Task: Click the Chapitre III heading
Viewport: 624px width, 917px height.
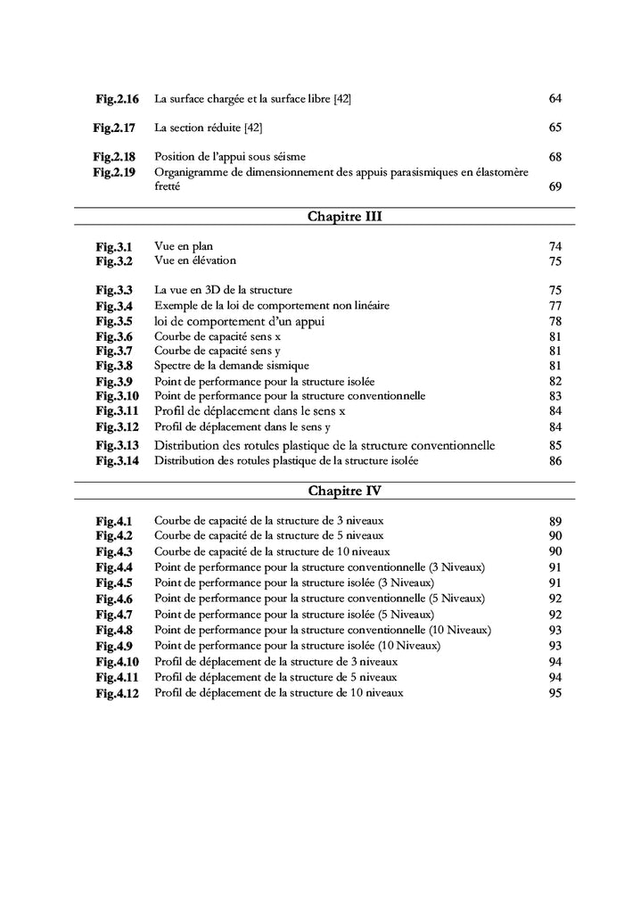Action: click(345, 216)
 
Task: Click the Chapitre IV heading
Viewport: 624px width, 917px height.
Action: click(345, 491)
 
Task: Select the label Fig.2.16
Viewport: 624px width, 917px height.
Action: click(117, 98)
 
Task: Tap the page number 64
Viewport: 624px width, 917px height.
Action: click(555, 98)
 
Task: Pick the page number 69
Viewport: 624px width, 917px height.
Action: click(555, 186)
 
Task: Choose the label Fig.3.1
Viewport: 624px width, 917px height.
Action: click(115, 246)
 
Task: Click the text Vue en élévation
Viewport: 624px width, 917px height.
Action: click(195, 260)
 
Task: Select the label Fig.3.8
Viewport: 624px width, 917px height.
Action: click(115, 366)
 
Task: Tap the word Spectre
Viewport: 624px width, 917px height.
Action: click(174, 366)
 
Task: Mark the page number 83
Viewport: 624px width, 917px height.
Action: click(555, 396)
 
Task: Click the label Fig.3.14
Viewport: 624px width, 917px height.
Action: click(118, 461)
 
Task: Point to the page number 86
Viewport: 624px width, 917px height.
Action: click(555, 461)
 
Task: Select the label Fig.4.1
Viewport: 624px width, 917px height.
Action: click(115, 521)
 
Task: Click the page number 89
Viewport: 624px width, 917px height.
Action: click(555, 521)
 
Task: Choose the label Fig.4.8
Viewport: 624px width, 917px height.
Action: click(115, 630)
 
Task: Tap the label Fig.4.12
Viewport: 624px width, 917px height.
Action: click(118, 693)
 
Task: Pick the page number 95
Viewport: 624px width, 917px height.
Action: click(555, 693)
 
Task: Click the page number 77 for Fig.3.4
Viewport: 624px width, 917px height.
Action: click(555, 306)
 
